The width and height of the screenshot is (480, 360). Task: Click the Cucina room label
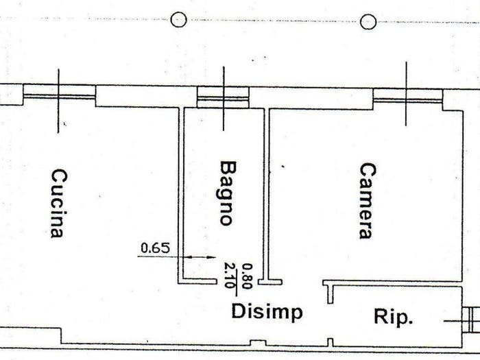[58, 204]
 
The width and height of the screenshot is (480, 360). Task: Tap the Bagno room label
[228, 193]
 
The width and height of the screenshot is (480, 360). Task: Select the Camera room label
[367, 201]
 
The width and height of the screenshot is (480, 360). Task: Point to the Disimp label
[267, 312]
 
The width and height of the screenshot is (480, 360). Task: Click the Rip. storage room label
[394, 317]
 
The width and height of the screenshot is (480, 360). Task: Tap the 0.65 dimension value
[155, 248]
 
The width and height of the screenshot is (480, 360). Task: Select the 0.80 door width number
[248, 276]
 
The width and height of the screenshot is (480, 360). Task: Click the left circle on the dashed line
[178, 20]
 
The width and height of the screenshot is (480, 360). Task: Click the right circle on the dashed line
[368, 22]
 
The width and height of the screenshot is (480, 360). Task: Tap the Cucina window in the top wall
[60, 95]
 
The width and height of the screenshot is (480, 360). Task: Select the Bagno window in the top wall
[223, 97]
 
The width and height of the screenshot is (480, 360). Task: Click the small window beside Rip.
[471, 320]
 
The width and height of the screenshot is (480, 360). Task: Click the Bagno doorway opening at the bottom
[237, 282]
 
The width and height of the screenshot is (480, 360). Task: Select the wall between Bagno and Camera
[266, 196]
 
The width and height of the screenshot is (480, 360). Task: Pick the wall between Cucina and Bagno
[180, 195]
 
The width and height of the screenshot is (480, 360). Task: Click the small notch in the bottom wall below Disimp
[257, 343]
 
